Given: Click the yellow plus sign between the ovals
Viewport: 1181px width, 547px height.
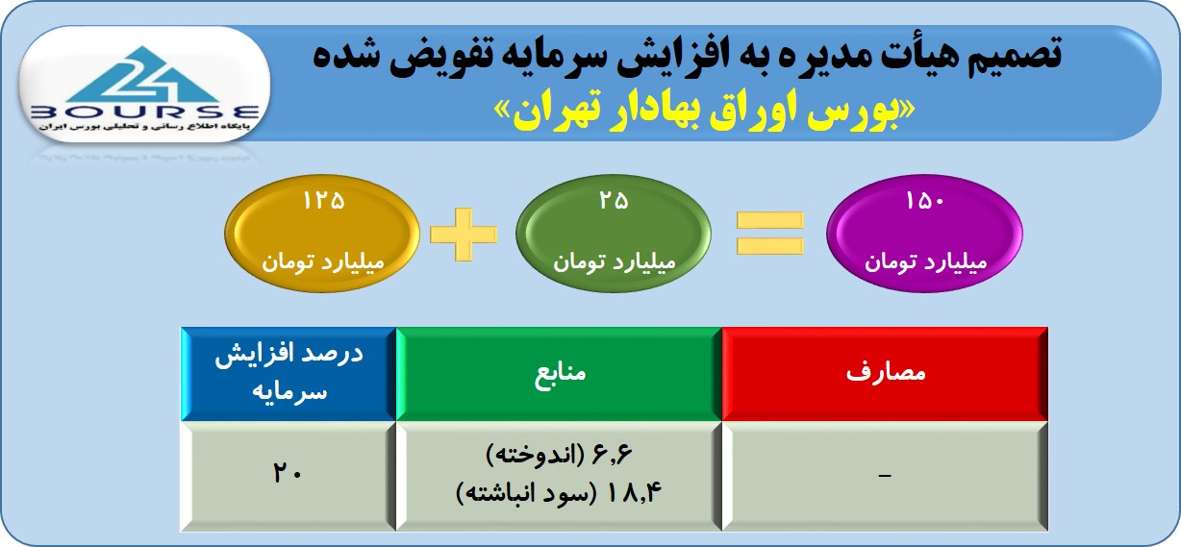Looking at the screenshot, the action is (x=464, y=235).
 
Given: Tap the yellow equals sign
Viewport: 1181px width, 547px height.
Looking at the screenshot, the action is (x=769, y=233).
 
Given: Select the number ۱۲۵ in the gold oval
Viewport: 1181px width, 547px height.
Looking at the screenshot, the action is (x=323, y=201).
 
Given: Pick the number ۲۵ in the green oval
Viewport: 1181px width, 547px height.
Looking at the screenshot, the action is (x=614, y=201).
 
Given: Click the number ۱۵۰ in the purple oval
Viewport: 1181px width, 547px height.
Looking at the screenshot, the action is (x=924, y=201).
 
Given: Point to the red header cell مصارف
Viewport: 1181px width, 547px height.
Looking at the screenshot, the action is (x=885, y=374).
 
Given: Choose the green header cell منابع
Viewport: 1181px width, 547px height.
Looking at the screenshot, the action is (x=559, y=374).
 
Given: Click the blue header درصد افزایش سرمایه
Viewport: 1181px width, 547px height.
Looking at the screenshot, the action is (x=289, y=374).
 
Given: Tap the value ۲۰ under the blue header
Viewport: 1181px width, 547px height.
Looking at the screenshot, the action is (x=288, y=472).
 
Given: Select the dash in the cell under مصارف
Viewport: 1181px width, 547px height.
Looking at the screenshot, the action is (x=885, y=476).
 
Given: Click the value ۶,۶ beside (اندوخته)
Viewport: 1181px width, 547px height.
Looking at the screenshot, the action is (x=612, y=455).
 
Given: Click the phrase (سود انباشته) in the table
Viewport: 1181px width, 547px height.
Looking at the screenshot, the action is (x=526, y=493).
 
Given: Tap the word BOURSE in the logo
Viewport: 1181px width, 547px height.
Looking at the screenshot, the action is (x=144, y=112).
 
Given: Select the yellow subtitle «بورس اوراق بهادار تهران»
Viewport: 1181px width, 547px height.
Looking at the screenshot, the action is (x=704, y=111).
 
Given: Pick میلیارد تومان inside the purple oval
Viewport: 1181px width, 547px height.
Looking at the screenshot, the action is (x=925, y=261).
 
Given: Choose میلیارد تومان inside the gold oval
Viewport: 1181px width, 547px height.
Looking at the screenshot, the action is (x=323, y=261).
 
